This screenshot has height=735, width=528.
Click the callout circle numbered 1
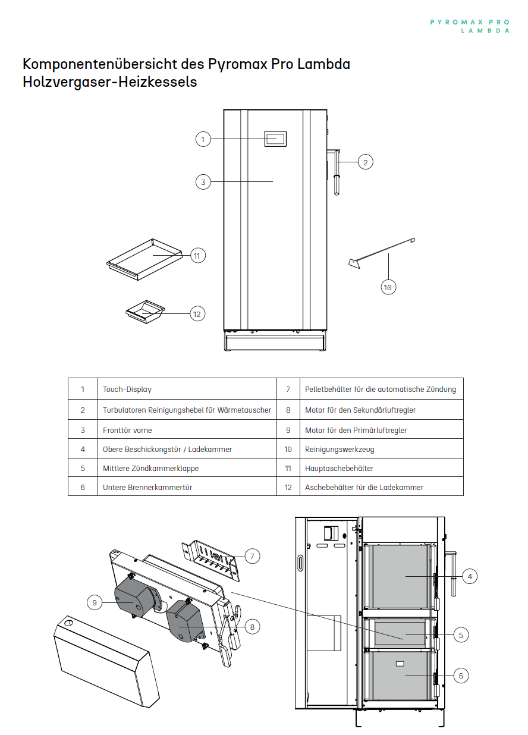[203, 139]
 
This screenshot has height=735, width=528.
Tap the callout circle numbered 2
[365, 162]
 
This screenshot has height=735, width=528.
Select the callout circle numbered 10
[388, 287]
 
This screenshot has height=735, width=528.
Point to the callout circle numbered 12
[197, 314]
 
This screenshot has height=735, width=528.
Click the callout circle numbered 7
[252, 556]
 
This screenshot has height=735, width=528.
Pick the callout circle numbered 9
[95, 602]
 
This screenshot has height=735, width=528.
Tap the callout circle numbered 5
[461, 635]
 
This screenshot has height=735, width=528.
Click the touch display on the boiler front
[275, 139]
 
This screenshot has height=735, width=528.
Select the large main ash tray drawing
[144, 259]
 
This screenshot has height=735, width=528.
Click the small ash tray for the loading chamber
[145, 312]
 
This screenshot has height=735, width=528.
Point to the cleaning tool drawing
[382, 253]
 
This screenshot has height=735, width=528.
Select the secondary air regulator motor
[184, 621]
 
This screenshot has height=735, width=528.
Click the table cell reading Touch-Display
[187, 389]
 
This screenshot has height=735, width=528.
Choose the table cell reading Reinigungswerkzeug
[382, 449]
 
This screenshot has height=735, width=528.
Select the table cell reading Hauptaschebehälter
[382, 468]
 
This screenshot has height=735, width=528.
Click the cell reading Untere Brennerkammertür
[187, 486]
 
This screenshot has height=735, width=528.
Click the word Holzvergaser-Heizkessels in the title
[110, 81]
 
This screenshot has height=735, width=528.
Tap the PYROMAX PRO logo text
[470, 23]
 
